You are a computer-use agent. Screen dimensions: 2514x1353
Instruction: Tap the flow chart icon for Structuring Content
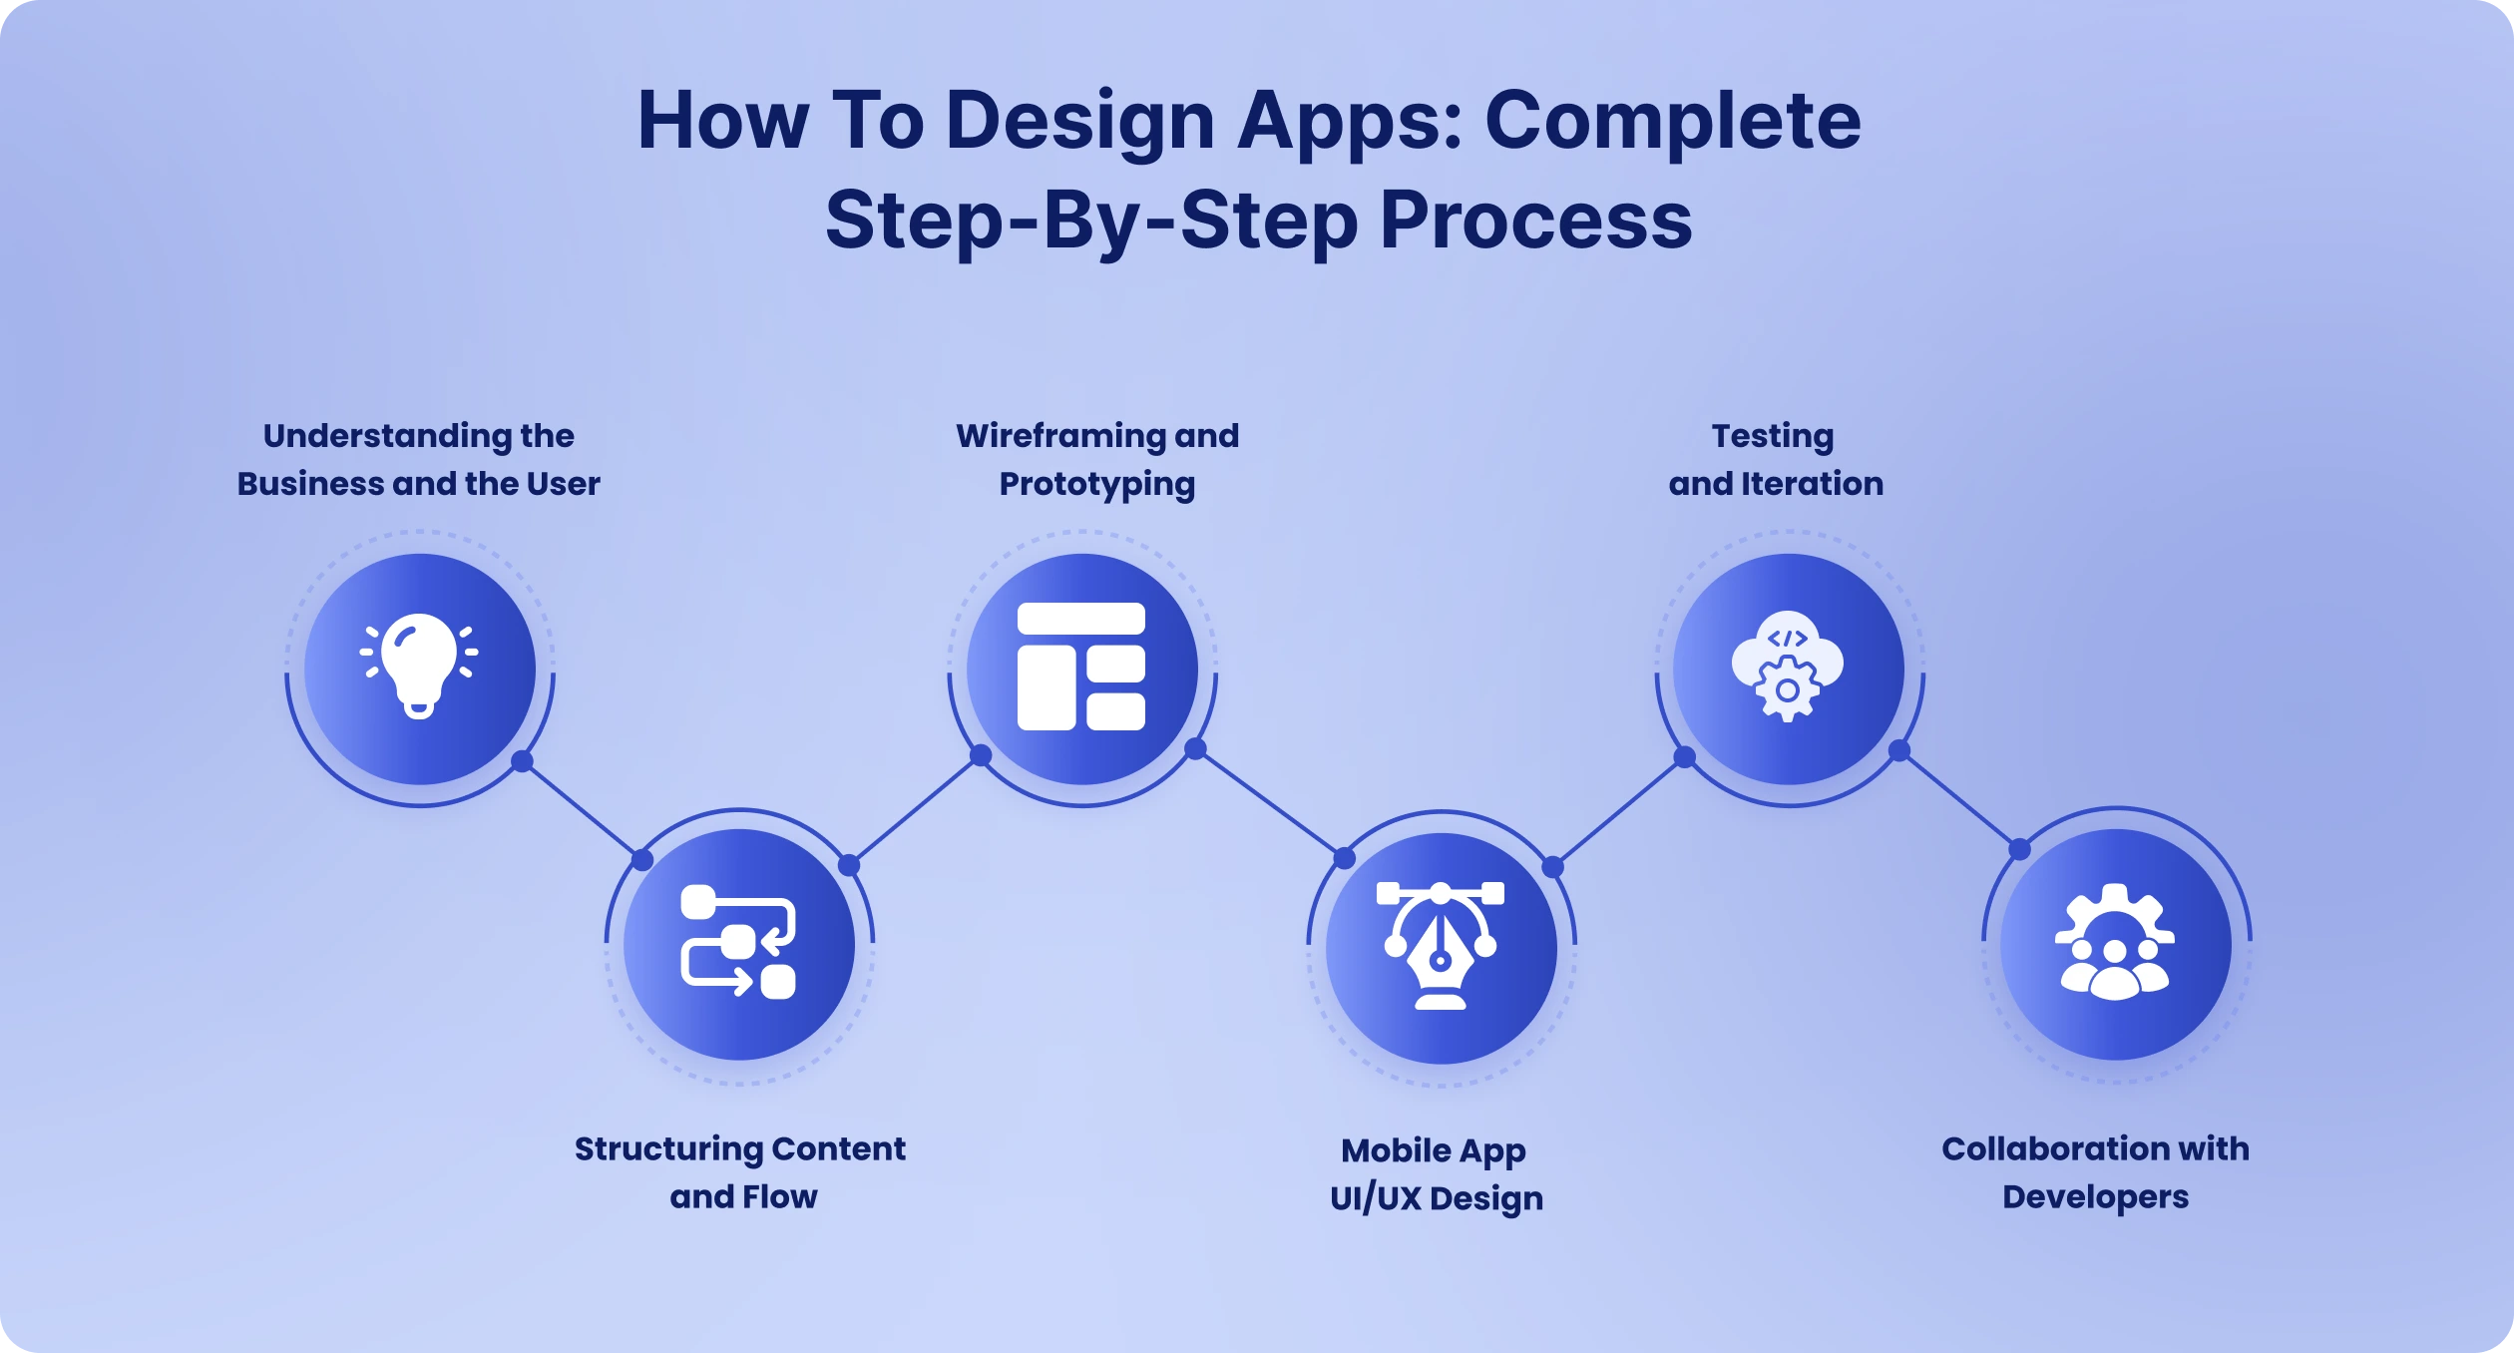(x=738, y=942)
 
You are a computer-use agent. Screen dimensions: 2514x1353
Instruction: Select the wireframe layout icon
(x=1081, y=667)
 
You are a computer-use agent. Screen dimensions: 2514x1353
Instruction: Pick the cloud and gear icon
(x=1788, y=666)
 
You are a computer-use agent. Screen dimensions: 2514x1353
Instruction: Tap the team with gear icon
(x=2115, y=942)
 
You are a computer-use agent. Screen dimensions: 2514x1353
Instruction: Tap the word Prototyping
(x=1097, y=484)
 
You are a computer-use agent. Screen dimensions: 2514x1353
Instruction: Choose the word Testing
(x=1773, y=436)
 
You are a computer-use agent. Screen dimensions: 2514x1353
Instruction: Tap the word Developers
(x=2095, y=1196)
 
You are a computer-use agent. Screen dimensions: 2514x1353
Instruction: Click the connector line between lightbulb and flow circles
(x=583, y=811)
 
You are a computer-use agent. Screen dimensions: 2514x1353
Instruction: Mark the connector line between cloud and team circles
(x=1959, y=800)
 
